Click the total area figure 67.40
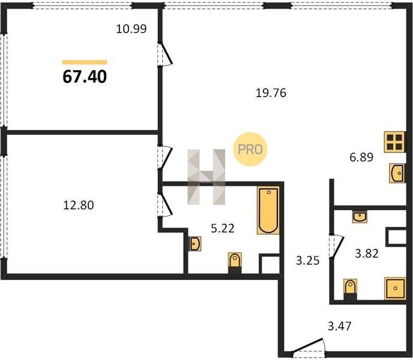[85, 77]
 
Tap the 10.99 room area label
[131, 29]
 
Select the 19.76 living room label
[271, 93]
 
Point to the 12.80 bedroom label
[79, 205]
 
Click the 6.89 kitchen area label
[361, 157]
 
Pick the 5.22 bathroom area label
[223, 229]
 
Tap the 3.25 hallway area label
[307, 261]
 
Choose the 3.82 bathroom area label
[367, 254]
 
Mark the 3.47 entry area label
[340, 326]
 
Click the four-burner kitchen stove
[394, 142]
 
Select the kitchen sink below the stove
[397, 173]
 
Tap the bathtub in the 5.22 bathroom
[268, 211]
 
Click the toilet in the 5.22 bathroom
[235, 263]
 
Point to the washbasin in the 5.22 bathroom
[195, 244]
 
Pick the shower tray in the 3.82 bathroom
[395, 289]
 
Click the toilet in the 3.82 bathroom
[351, 289]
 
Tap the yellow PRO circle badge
[250, 149]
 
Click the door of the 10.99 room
[166, 55]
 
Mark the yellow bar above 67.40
[85, 62]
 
